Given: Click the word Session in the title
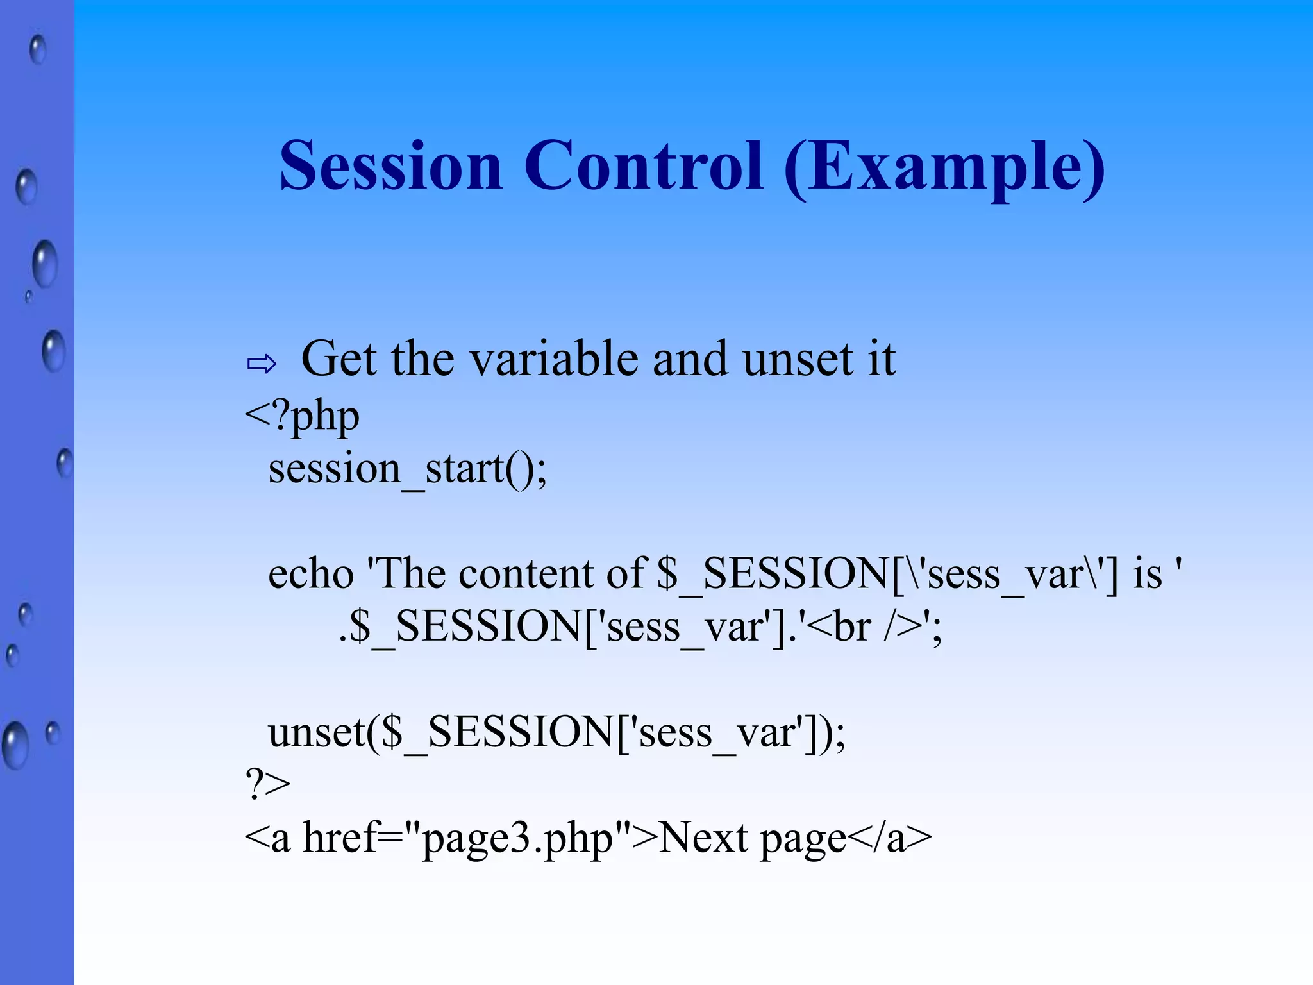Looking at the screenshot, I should [390, 166].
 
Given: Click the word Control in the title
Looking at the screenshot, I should [644, 166].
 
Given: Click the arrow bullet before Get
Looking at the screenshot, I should [261, 364].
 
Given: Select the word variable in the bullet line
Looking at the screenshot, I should [555, 359].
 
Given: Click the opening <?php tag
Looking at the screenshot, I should [302, 417].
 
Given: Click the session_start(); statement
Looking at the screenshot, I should [407, 469].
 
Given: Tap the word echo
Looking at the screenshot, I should [310, 573].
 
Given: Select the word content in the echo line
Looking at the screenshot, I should [528, 573].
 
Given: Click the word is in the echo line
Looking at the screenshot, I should [1147, 573].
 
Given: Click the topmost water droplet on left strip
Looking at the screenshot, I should [38, 49].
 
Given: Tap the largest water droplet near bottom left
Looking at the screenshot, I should [15, 745].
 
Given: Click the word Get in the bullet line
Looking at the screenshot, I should [339, 359].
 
